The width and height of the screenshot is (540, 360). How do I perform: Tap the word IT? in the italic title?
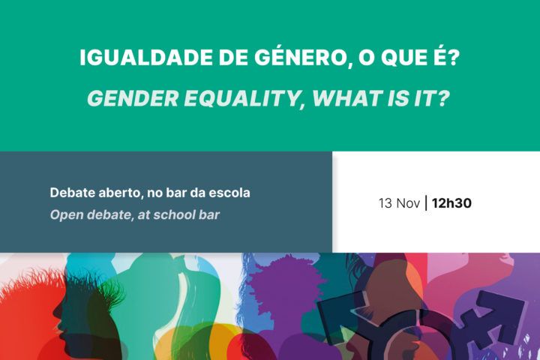430,98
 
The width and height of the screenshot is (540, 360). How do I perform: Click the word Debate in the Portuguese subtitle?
71,193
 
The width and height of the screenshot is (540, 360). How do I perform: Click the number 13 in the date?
385,202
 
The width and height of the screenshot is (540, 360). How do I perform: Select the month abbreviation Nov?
409,202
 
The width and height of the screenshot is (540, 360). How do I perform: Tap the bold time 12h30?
452,202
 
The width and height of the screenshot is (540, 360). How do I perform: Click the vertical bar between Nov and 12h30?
427,202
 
